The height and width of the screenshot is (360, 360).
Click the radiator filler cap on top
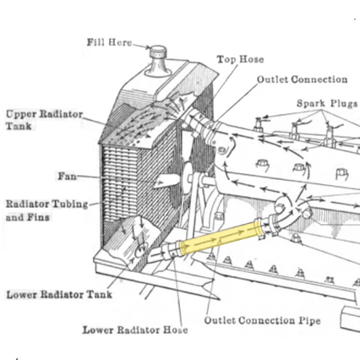click(x=158, y=52)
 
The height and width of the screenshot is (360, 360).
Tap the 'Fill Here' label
click(x=109, y=42)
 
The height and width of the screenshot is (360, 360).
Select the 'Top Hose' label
click(x=240, y=59)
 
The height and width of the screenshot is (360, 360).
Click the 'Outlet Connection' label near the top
click(x=302, y=79)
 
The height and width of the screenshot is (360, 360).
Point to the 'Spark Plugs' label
click(x=327, y=104)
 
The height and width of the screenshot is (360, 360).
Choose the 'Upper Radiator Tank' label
click(x=44, y=120)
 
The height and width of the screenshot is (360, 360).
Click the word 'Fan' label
click(x=67, y=177)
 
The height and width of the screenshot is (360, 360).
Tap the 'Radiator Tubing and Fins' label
click(x=46, y=210)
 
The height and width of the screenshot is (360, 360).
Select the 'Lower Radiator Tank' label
click(x=59, y=295)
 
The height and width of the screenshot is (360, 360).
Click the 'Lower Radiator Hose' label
click(x=135, y=330)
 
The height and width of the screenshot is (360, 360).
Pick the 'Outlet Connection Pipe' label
click(x=262, y=320)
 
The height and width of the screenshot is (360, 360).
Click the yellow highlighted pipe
click(x=221, y=237)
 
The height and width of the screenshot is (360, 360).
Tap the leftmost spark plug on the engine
click(x=259, y=124)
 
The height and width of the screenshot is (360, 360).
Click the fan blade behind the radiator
click(x=166, y=181)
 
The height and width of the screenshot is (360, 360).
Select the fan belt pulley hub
click(x=188, y=177)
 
